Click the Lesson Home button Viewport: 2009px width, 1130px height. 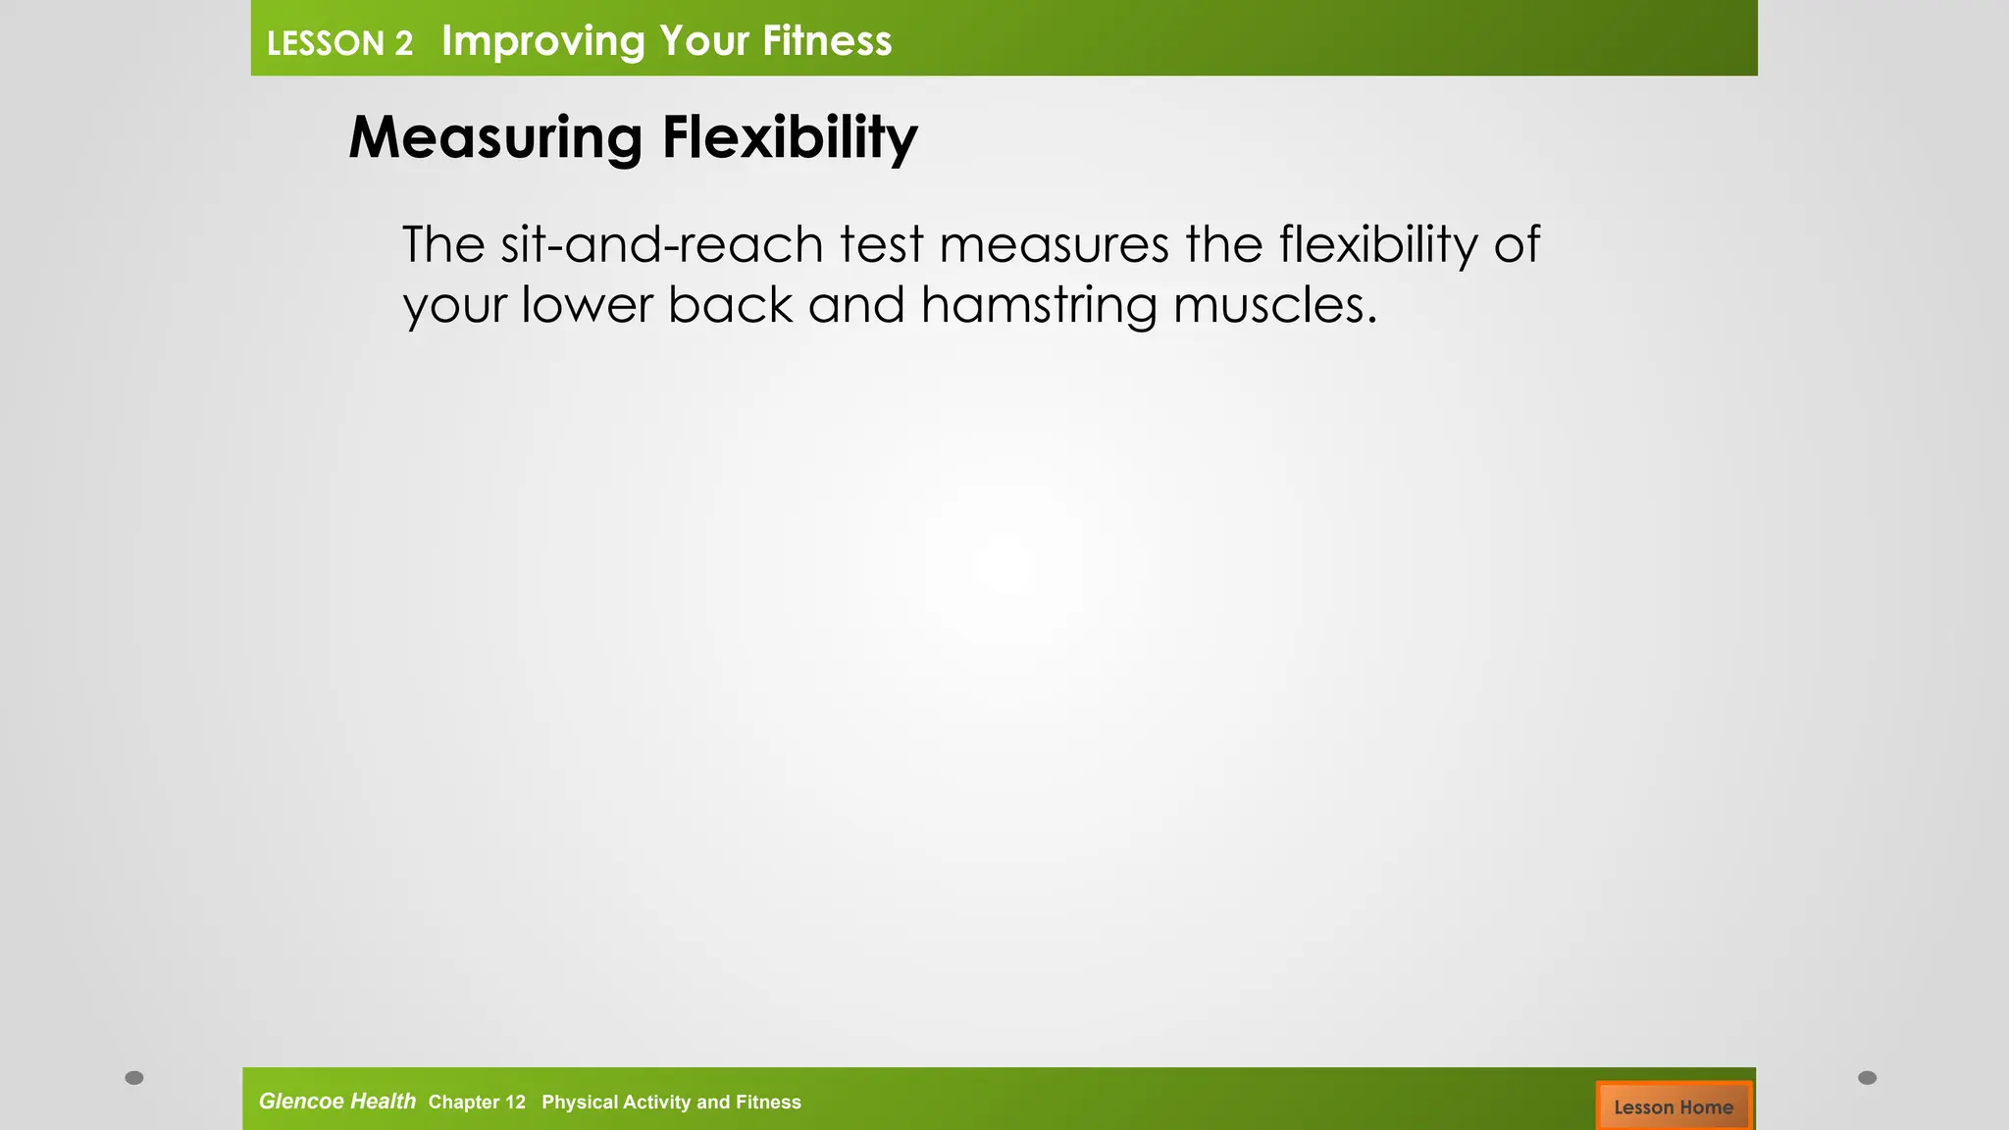[1674, 1106]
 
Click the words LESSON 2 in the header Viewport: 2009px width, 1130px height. [339, 43]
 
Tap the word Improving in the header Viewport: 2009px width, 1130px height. [542, 41]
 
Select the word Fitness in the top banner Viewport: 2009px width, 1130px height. [827, 41]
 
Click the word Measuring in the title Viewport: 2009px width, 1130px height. [495, 137]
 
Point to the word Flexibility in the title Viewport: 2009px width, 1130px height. [790, 137]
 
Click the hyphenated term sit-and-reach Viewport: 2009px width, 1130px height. [661, 244]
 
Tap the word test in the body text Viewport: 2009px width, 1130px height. [881, 244]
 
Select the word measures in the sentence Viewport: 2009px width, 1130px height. [1054, 244]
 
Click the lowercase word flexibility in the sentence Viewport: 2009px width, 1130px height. [1378, 244]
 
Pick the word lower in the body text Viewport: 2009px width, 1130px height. [586, 305]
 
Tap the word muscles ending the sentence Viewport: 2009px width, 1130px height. [1273, 305]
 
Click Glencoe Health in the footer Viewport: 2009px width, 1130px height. [336, 1102]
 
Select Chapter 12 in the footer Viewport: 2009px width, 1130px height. [477, 1103]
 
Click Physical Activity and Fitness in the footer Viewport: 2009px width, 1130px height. [671, 1103]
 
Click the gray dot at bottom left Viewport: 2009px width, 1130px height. [134, 1078]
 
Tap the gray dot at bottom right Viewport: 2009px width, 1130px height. [1868, 1078]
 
